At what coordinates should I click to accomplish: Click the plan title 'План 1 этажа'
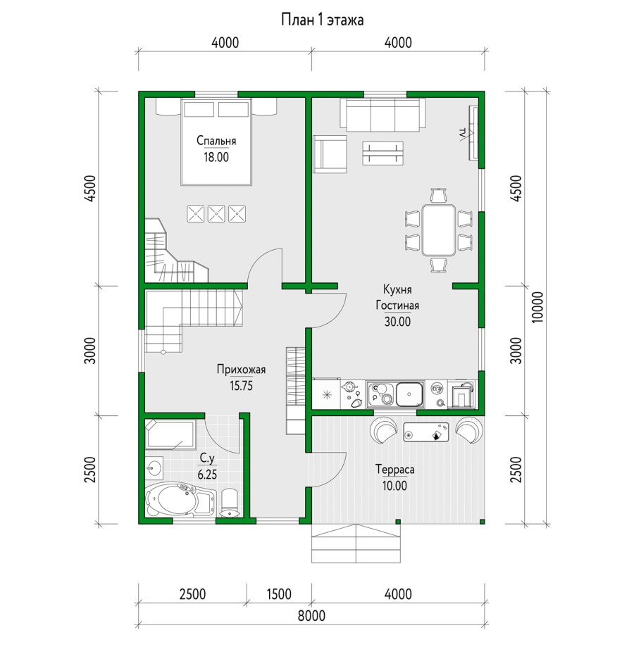(322, 20)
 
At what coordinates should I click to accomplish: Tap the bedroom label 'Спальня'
(216, 140)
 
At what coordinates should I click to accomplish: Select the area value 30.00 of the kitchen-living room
(397, 322)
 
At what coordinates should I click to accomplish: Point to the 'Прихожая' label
(241, 370)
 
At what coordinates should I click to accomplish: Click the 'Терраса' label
(394, 470)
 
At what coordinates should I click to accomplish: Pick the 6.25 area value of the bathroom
(207, 475)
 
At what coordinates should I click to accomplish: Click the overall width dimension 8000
(311, 616)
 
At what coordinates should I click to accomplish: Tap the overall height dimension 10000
(538, 307)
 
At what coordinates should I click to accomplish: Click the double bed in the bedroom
(216, 142)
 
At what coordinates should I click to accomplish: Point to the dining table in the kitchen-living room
(439, 230)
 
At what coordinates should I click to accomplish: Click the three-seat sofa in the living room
(382, 114)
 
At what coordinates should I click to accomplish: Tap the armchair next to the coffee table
(330, 153)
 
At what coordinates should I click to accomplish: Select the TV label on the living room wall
(463, 134)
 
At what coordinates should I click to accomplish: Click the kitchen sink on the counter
(409, 394)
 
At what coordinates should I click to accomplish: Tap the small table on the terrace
(426, 432)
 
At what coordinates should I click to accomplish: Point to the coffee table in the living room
(382, 153)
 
